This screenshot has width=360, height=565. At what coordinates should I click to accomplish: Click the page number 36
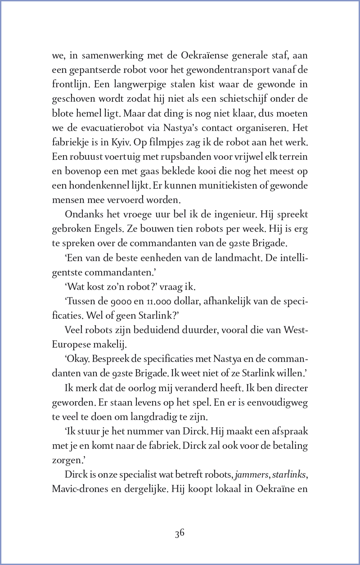(x=180, y=533)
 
